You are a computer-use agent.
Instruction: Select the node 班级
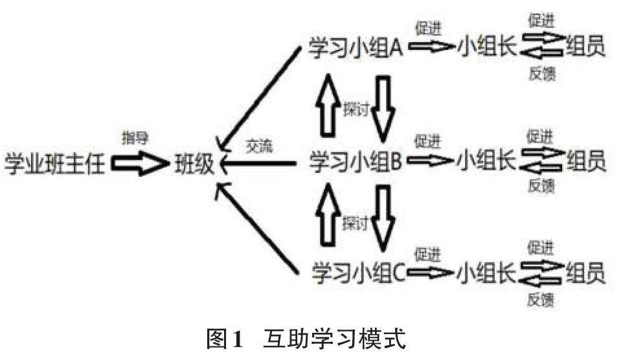192,164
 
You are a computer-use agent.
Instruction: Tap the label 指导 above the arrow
135,139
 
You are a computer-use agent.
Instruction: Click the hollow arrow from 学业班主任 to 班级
139,164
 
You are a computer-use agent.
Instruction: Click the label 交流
260,147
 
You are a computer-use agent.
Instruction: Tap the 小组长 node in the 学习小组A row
486,48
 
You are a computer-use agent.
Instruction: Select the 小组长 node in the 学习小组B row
486,161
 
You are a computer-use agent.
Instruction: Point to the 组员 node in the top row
586,47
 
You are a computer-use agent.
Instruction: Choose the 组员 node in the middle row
586,161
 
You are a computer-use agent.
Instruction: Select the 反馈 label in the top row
542,74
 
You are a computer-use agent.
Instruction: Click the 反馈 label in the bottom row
542,300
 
